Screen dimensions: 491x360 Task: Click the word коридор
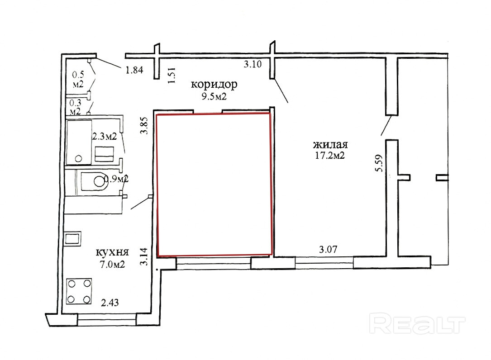click(x=214, y=85)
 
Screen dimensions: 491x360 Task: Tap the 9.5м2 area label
click(x=214, y=96)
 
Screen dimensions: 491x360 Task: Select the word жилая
click(x=330, y=145)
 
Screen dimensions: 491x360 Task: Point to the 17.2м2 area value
click(x=330, y=155)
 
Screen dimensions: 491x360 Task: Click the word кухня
click(x=112, y=252)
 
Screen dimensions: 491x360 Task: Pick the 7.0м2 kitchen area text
click(x=112, y=265)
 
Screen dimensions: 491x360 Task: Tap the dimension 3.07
click(x=328, y=250)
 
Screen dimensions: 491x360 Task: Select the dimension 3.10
click(x=253, y=65)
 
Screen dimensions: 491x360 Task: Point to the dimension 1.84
click(x=134, y=70)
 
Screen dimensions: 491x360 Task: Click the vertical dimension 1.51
click(x=172, y=76)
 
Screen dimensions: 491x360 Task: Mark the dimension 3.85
click(x=144, y=126)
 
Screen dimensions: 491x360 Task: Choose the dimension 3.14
click(x=143, y=257)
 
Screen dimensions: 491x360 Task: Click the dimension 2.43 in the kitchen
click(x=110, y=303)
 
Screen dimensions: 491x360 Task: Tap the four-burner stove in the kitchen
click(x=79, y=291)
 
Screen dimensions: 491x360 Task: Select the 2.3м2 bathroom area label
click(x=104, y=137)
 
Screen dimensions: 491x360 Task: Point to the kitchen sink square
click(x=73, y=238)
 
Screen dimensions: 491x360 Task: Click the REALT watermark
click(x=417, y=325)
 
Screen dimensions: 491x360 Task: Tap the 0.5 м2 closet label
click(x=78, y=80)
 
